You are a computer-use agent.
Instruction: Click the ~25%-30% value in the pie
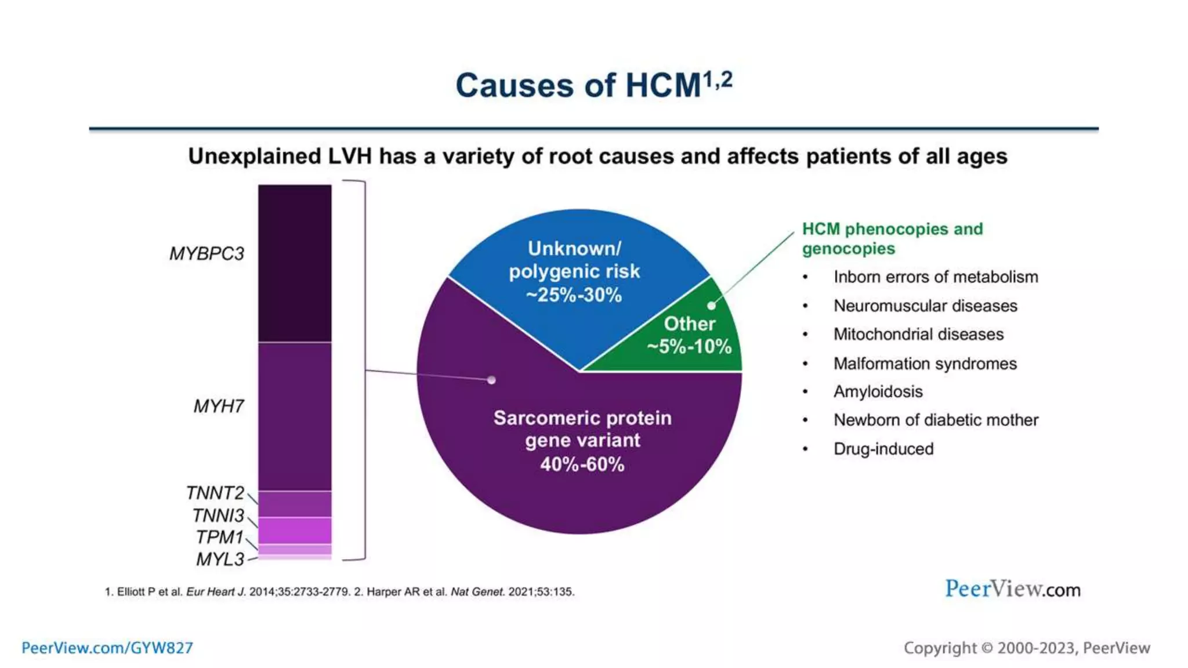(574, 295)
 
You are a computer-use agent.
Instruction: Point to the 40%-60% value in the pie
(582, 464)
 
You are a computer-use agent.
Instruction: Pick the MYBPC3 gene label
(207, 254)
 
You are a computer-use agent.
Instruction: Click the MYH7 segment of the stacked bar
(295, 416)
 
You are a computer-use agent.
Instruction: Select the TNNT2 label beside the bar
(215, 493)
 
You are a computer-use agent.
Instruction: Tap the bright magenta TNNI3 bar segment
(295, 530)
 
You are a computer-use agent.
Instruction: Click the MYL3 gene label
(220, 560)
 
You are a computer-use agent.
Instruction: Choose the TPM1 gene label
(219, 537)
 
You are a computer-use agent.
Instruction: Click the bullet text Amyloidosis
(878, 392)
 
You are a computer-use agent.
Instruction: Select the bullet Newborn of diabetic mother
(936, 420)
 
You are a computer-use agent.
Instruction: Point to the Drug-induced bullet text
(883, 449)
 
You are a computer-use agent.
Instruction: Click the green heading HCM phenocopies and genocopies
(892, 239)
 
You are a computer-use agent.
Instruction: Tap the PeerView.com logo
(1012, 589)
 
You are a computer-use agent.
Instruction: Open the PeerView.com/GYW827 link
(107, 648)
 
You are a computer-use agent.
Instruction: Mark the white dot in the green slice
(711, 306)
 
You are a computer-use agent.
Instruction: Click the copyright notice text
(1026, 648)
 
